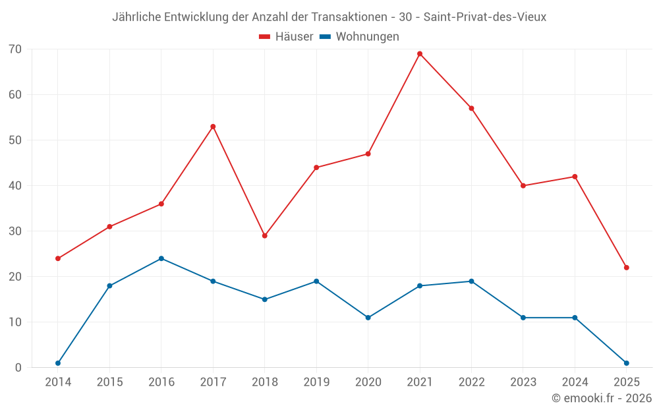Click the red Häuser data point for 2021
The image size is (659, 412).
point(420,54)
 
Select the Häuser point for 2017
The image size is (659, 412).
point(213,127)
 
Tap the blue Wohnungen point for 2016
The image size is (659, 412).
point(161,258)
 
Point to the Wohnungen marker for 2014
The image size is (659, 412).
point(58,363)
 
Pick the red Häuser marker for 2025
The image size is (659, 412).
point(626,268)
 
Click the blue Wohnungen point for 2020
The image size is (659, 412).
point(368,318)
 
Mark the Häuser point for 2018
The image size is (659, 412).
point(265,235)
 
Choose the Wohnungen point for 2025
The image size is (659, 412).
point(626,363)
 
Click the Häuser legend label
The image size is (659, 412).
point(294,37)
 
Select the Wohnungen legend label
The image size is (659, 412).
point(367,37)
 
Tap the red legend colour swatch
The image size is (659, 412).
point(265,37)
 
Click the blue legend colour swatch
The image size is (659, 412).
point(325,37)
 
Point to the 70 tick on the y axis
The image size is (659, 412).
point(15,49)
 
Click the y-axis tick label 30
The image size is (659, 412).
point(15,231)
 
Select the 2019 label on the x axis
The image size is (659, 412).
point(316,382)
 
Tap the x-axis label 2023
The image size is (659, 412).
point(523,382)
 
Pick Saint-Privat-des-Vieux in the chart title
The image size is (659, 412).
point(485,17)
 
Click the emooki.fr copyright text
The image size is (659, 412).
point(602,398)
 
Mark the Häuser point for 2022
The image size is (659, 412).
point(471,108)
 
